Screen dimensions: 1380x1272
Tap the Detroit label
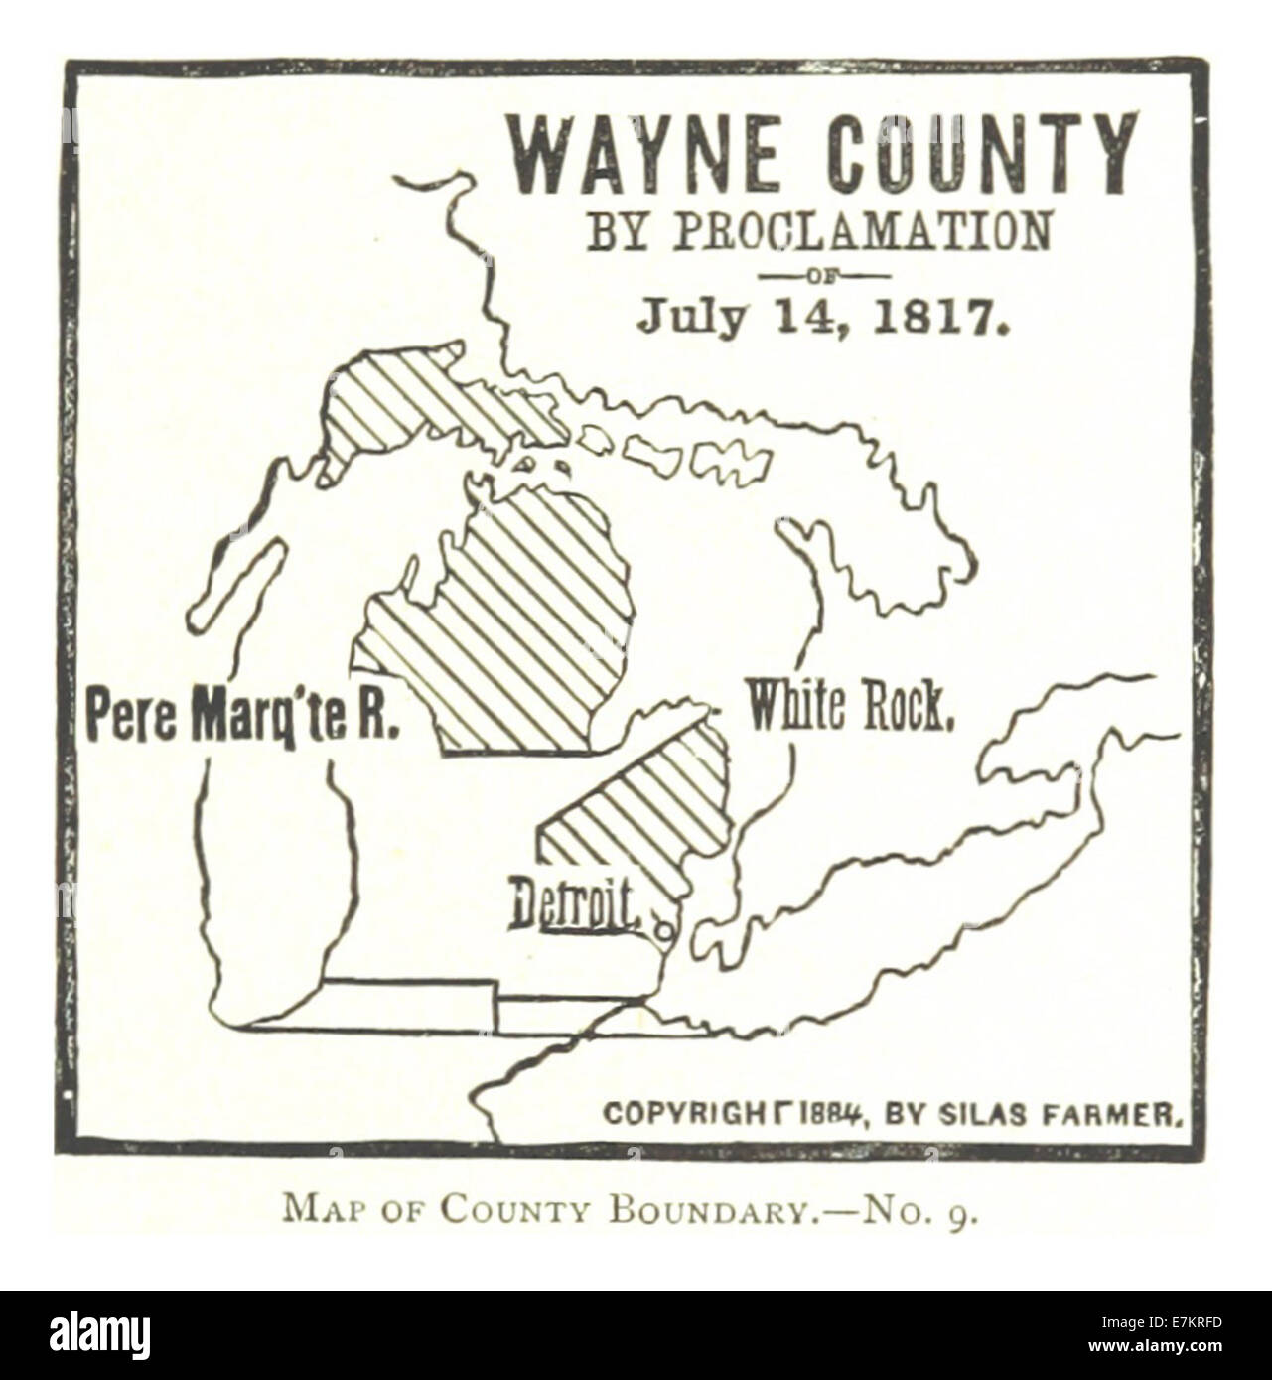573,905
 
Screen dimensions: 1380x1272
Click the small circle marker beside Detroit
662,931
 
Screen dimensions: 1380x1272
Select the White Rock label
850,707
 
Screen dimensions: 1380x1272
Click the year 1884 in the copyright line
831,1112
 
